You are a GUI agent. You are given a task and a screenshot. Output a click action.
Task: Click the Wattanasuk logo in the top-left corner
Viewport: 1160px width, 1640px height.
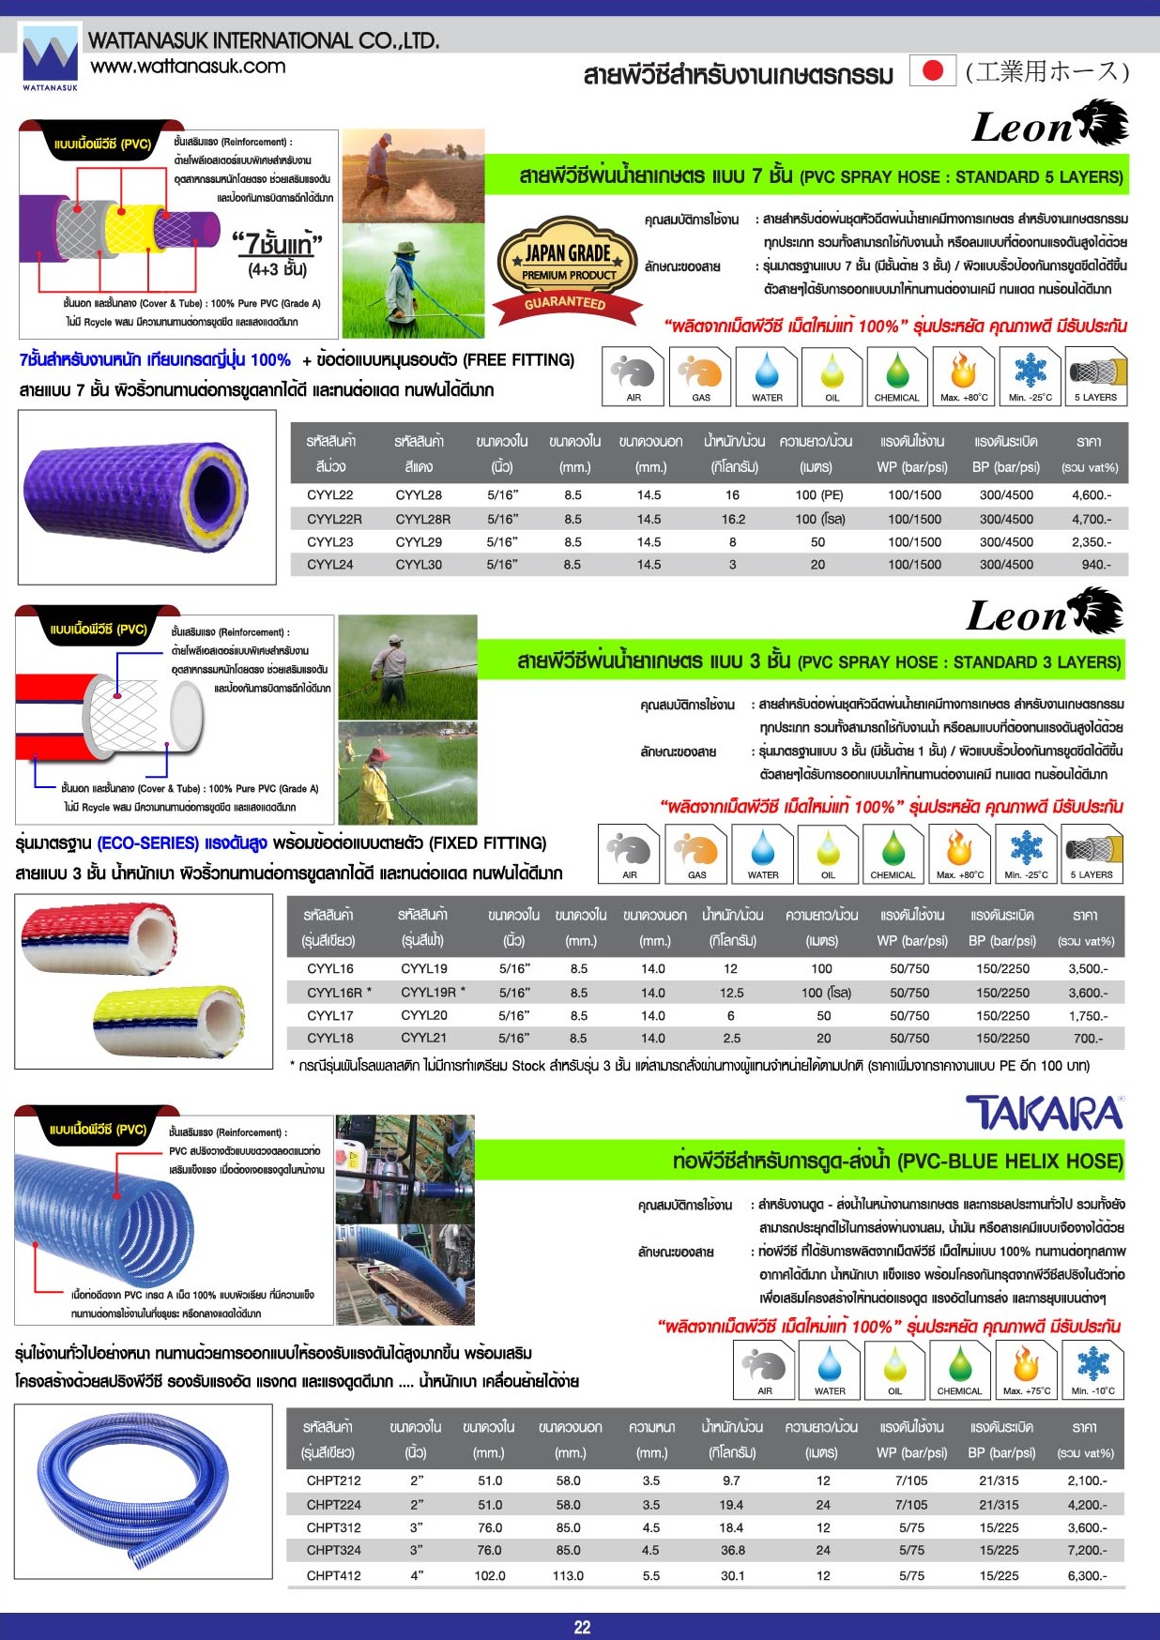coord(50,57)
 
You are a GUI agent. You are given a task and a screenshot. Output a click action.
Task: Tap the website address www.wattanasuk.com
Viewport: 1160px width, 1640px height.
coord(188,67)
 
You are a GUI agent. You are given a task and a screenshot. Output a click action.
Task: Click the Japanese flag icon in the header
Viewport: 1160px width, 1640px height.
coord(932,71)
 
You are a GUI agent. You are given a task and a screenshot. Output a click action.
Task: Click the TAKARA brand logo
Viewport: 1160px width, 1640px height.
coord(1045,1113)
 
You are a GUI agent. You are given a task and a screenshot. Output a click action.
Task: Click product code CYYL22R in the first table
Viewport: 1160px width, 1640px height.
coord(334,519)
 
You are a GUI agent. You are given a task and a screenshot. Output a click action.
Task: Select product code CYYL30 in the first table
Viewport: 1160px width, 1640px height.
coord(419,565)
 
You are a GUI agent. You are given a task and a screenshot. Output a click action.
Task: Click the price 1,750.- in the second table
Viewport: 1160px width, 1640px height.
coord(1088,1016)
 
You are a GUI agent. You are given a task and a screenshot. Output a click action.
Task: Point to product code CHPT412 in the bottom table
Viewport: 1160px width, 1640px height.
coord(333,1575)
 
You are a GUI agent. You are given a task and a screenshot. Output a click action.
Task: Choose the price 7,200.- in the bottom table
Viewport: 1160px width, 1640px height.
coord(1087,1550)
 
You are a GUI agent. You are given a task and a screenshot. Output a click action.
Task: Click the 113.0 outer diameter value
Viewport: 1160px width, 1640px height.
coord(568,1575)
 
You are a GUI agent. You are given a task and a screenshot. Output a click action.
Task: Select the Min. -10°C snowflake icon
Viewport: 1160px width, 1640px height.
coord(1092,1368)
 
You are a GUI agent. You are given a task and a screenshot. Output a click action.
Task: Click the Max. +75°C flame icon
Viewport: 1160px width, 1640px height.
coord(1027,1368)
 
